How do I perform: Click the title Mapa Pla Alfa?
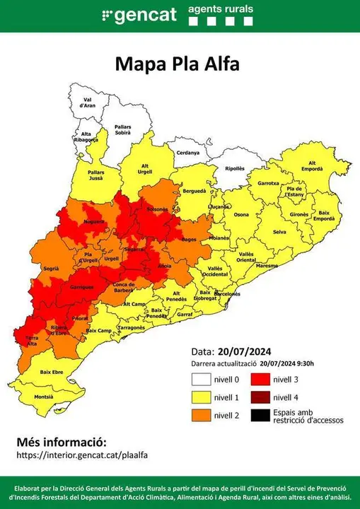tap(178, 64)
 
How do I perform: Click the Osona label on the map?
tap(241, 214)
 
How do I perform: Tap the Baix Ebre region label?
tap(51, 371)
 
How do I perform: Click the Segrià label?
tap(50, 269)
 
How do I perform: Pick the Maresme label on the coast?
tap(267, 265)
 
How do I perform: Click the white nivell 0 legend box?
tap(199, 380)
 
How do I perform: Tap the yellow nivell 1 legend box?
tap(199, 397)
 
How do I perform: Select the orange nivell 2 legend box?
tap(199, 415)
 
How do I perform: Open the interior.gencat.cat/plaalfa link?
tap(82, 456)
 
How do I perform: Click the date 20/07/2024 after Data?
tap(245, 351)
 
